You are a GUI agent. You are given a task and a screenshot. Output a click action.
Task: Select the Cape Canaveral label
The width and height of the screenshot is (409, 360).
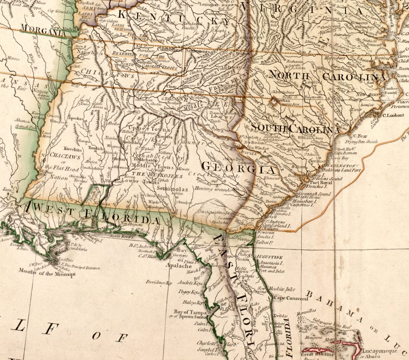coord(291,299)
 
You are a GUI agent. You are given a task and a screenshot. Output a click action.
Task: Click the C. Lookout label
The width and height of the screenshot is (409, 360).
coord(393,115)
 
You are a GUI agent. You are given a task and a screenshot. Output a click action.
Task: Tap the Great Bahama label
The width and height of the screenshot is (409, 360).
coord(316,355)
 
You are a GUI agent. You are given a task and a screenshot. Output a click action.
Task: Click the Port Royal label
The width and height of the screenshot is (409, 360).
coord(320,182)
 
